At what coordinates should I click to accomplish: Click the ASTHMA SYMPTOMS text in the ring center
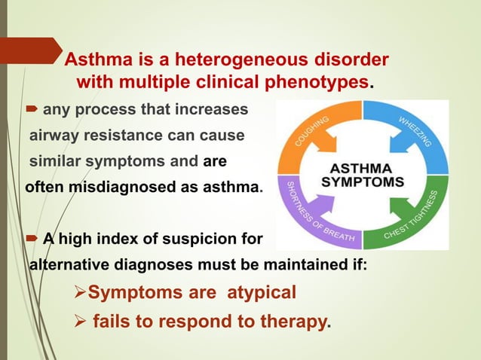tap(363, 174)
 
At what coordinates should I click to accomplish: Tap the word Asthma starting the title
tap(95, 59)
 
